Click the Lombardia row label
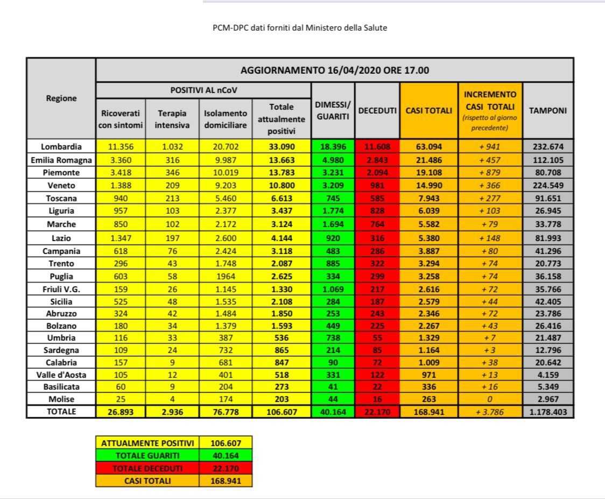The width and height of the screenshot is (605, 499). pyautogui.click(x=61, y=146)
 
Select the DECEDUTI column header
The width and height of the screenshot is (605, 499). pyautogui.click(x=377, y=111)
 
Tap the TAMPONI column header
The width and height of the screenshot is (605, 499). pyautogui.click(x=548, y=111)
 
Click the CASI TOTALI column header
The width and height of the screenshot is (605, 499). pyautogui.click(x=429, y=111)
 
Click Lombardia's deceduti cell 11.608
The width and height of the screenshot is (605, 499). pyautogui.click(x=377, y=146)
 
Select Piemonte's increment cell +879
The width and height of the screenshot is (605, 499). pyautogui.click(x=490, y=172)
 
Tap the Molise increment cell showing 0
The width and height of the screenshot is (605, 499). pyautogui.click(x=490, y=399)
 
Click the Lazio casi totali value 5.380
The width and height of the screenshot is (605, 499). pyautogui.click(x=429, y=237)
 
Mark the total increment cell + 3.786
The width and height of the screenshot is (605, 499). pyautogui.click(x=490, y=412)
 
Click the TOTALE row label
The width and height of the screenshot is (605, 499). pyautogui.click(x=61, y=412)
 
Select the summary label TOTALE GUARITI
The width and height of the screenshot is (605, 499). pyautogui.click(x=147, y=455)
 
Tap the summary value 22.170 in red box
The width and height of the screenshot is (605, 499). pyautogui.click(x=225, y=468)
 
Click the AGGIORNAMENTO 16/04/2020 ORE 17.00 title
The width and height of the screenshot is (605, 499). pyautogui.click(x=334, y=71)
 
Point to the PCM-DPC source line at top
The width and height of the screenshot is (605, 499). pyautogui.click(x=300, y=28)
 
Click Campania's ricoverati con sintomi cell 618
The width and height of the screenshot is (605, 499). pyautogui.click(x=121, y=251)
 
